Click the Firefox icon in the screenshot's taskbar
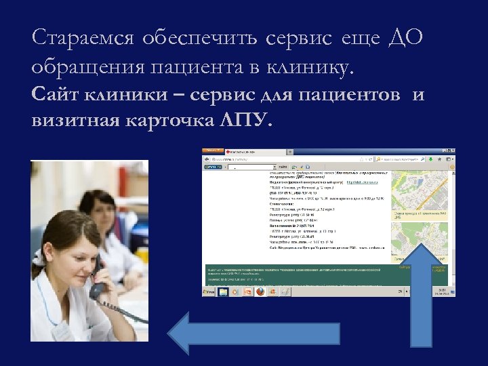point(259,291)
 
